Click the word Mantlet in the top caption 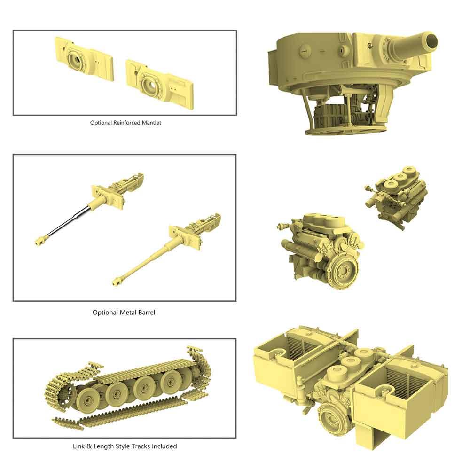149,123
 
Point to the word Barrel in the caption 146,312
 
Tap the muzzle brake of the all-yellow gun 118,281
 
